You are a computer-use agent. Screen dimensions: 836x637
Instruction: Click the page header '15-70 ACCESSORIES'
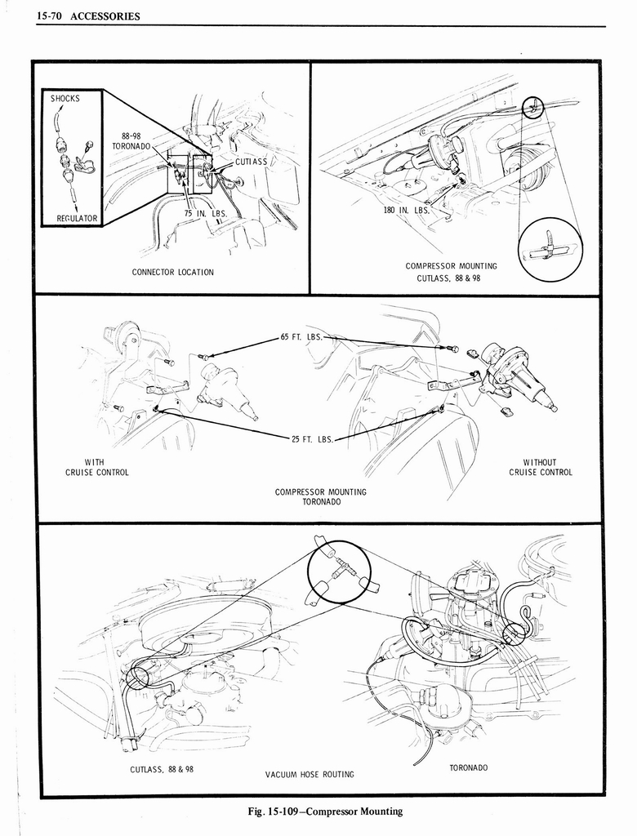click(x=88, y=16)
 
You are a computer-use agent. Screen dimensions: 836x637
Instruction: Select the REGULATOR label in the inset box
click(x=77, y=218)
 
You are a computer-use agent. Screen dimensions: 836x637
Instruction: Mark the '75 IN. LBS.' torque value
click(x=205, y=213)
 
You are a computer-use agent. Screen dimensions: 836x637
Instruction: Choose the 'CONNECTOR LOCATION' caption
click(x=172, y=272)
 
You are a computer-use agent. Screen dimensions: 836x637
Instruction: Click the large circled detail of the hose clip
click(x=550, y=249)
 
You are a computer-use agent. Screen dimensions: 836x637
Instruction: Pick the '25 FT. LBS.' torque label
click(x=313, y=439)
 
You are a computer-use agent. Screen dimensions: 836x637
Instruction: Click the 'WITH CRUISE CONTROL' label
click(x=96, y=467)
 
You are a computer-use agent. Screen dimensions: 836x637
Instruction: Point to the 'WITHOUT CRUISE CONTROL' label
click(x=540, y=467)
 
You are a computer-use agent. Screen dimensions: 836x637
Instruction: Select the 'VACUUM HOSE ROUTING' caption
click(x=310, y=774)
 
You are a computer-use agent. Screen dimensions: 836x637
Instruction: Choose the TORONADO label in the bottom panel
click(x=469, y=768)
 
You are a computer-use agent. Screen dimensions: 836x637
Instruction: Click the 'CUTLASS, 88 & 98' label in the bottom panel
click(x=162, y=769)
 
